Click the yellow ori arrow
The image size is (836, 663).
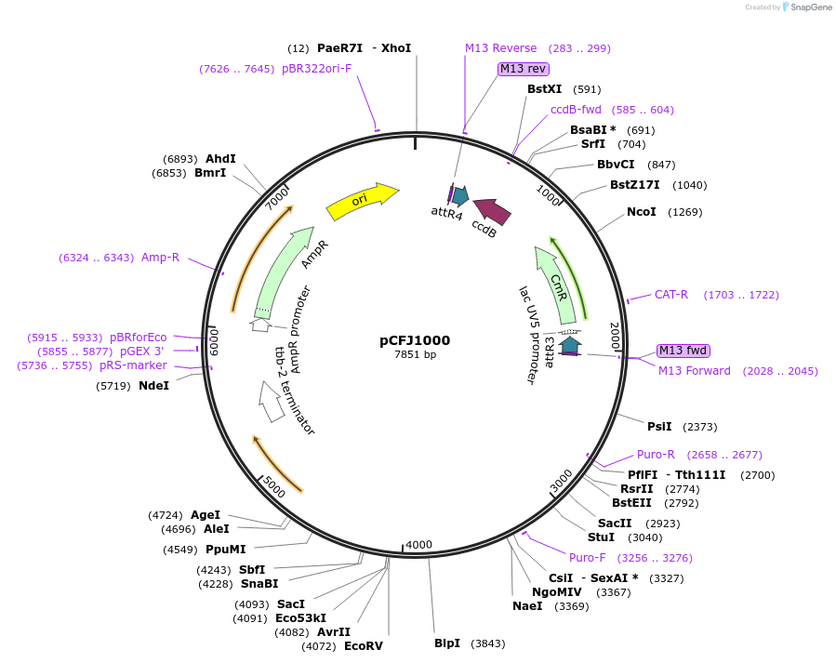click(361, 201)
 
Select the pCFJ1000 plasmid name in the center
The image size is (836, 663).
click(415, 340)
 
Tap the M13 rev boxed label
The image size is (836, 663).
click(523, 69)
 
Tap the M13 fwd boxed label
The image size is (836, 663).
click(683, 351)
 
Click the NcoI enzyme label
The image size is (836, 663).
click(641, 212)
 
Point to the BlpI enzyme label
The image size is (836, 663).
click(447, 643)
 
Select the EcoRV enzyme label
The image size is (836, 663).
click(363, 645)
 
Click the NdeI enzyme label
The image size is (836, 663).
click(153, 385)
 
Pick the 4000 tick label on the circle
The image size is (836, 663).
click(418, 544)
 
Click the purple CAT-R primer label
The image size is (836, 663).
click(670, 295)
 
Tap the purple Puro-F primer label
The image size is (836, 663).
click(587, 558)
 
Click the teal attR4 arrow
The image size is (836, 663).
click(459, 195)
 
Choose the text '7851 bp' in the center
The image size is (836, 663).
click(415, 354)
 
